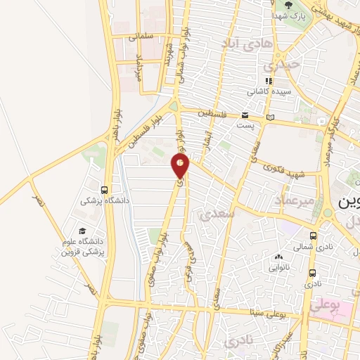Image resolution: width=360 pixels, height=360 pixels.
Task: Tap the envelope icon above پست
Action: (245, 115)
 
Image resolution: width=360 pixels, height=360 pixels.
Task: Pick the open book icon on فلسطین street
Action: (271, 117)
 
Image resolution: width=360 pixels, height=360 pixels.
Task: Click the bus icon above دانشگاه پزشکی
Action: (105, 189)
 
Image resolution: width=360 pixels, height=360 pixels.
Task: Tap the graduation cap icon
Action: (82, 231)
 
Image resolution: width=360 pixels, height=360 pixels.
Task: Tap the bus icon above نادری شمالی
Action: (313, 236)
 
